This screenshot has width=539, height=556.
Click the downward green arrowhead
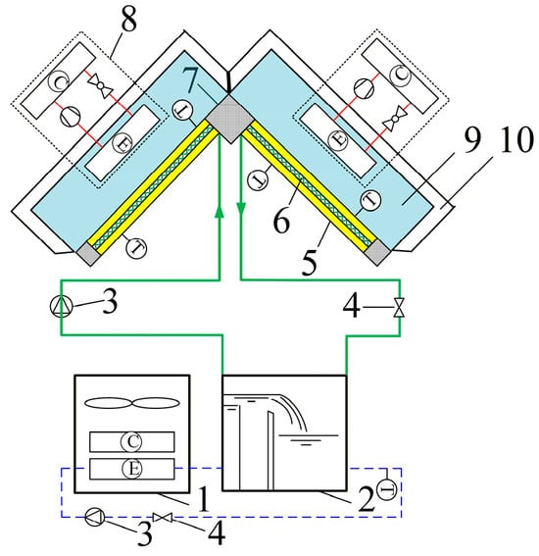pyautogui.click(x=241, y=209)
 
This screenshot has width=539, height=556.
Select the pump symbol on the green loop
pyautogui.click(x=62, y=306)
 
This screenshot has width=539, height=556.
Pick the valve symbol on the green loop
pyautogui.click(x=400, y=307)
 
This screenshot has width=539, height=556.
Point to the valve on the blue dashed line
pyautogui.click(x=163, y=518)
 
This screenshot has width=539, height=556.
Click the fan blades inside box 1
pyautogui.click(x=132, y=403)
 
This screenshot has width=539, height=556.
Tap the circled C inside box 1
pyautogui.click(x=132, y=441)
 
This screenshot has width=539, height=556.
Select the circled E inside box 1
pyautogui.click(x=132, y=469)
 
